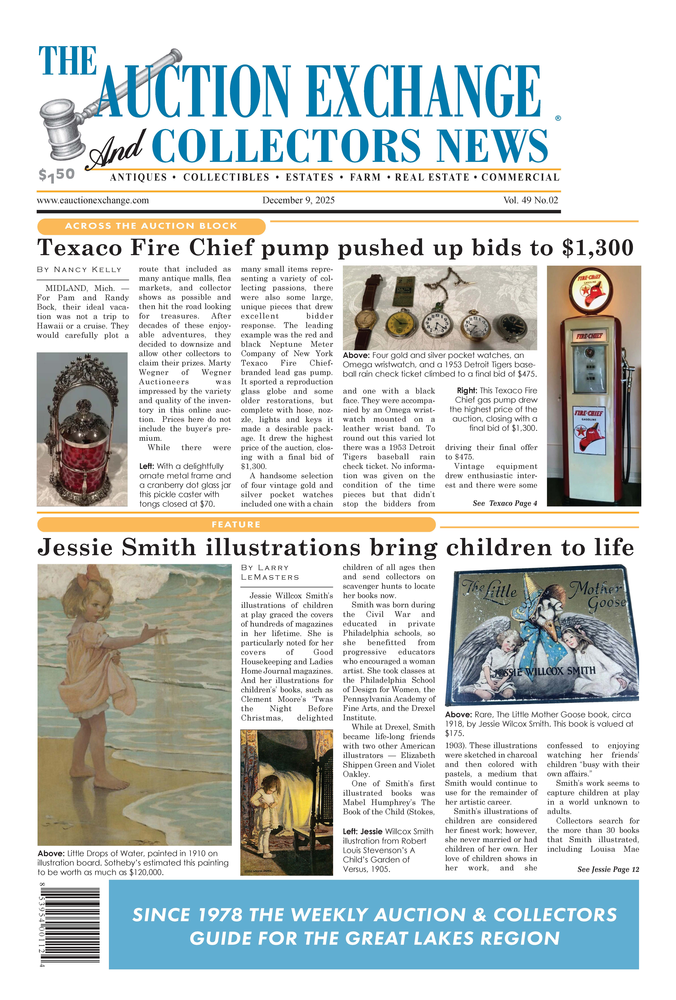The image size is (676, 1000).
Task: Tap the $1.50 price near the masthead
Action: coord(56,175)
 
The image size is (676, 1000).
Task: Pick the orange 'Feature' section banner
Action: coord(236,525)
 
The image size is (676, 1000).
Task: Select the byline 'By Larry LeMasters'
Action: coord(270,572)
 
